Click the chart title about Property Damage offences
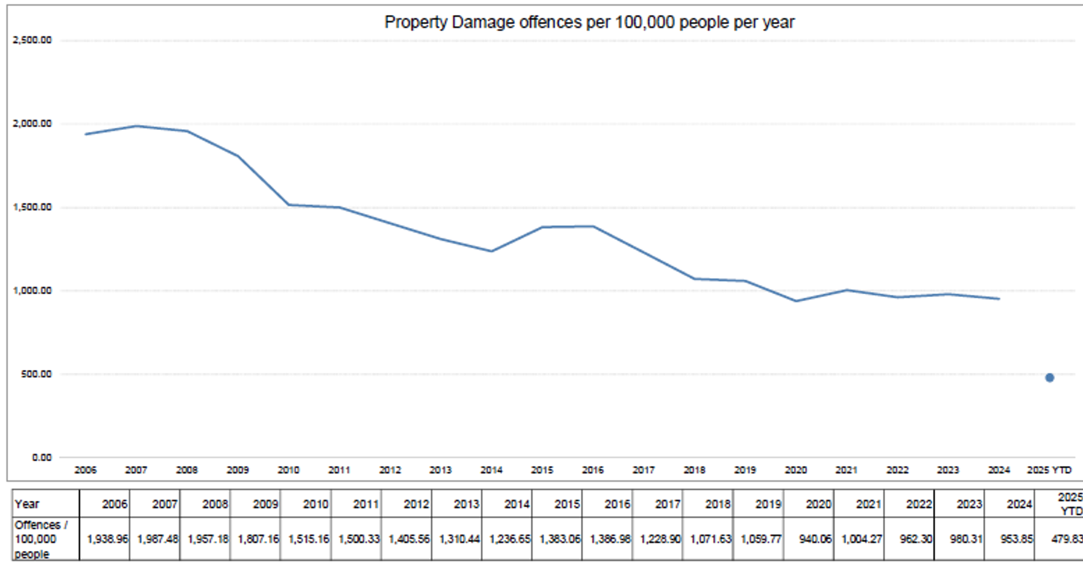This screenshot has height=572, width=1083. click(x=589, y=22)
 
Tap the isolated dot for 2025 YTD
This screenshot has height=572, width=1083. click(x=1049, y=377)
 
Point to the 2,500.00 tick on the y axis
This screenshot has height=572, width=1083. click(x=32, y=40)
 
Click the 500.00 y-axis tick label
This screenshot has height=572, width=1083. click(x=36, y=374)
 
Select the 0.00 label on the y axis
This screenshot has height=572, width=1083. click(x=41, y=457)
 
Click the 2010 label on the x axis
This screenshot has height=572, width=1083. click(x=288, y=470)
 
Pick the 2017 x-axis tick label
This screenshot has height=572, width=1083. click(x=643, y=470)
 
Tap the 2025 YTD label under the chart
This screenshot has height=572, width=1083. click(x=1049, y=470)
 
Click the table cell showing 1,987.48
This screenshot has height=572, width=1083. click(x=157, y=539)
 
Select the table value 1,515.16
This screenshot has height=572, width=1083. click(x=308, y=539)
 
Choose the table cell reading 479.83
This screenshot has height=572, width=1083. click(x=1067, y=539)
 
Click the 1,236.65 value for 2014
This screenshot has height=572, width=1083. click(x=510, y=539)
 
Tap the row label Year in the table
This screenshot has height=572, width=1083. click(x=27, y=504)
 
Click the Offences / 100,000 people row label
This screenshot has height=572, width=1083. click(x=41, y=539)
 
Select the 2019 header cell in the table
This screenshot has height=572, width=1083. click(x=768, y=504)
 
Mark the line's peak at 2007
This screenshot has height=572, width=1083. click(x=136, y=126)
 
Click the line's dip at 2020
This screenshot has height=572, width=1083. click(x=796, y=301)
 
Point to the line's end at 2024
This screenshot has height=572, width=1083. click(x=999, y=299)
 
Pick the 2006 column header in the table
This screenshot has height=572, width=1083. click(x=114, y=504)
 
